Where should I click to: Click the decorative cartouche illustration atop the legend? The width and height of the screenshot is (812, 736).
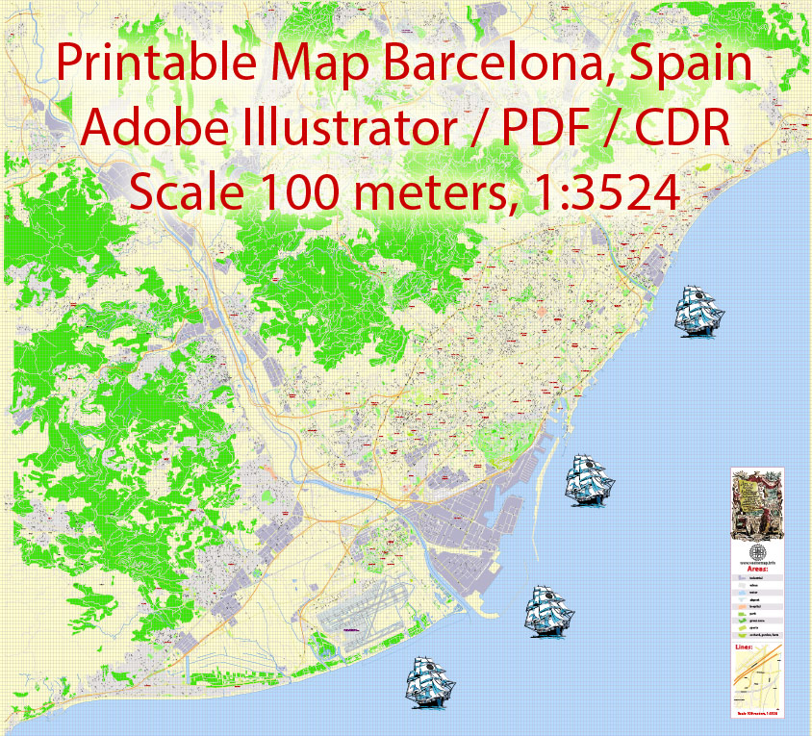click(758, 505)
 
